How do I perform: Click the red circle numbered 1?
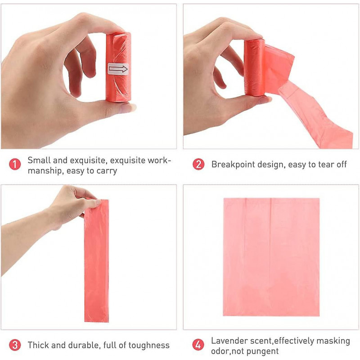point(15,165)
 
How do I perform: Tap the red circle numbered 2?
point(198,164)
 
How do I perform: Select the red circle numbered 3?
point(15,345)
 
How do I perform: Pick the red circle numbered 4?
point(198,345)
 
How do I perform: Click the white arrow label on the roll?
point(118,69)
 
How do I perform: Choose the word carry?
point(106,171)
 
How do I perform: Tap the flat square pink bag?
point(271,256)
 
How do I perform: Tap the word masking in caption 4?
point(333,341)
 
